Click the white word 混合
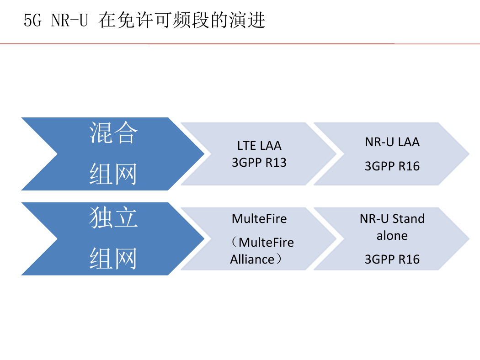pos(113,132)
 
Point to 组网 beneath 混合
pos(113,174)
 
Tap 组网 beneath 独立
pos(113,259)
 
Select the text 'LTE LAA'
pos(259,146)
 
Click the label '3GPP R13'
pos(259,163)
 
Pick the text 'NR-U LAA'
pos(392,142)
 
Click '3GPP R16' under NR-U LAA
pos(392,166)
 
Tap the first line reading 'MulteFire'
pos(259,219)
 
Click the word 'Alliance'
pos(252,259)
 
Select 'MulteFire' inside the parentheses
pos(267,243)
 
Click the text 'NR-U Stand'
pos(392,219)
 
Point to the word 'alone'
pos(392,236)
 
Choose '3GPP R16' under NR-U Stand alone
pos(392,259)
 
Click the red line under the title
pos(240,44)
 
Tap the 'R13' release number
pos(276,163)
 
